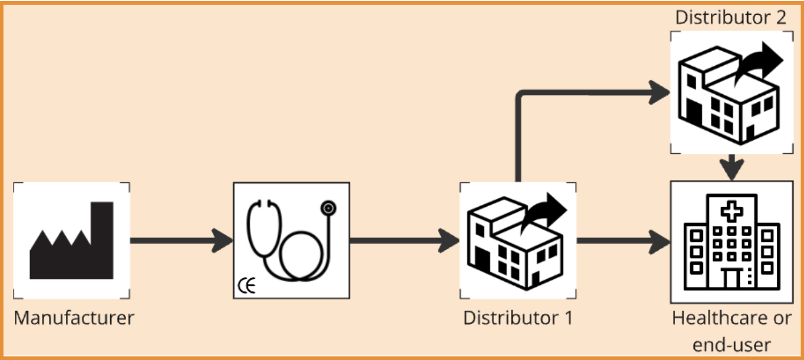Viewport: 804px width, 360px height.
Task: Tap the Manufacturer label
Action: (x=74, y=317)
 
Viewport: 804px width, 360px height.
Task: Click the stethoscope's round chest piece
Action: (x=328, y=208)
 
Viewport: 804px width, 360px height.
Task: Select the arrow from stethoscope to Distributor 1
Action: (x=404, y=241)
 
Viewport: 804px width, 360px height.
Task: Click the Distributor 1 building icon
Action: (x=517, y=241)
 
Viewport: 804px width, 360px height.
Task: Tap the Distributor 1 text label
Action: (x=518, y=317)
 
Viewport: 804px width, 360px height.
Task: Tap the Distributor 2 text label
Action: (x=731, y=16)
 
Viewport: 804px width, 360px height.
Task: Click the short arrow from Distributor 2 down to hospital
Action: (x=732, y=166)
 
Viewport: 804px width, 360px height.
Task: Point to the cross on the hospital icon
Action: (x=732, y=211)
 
